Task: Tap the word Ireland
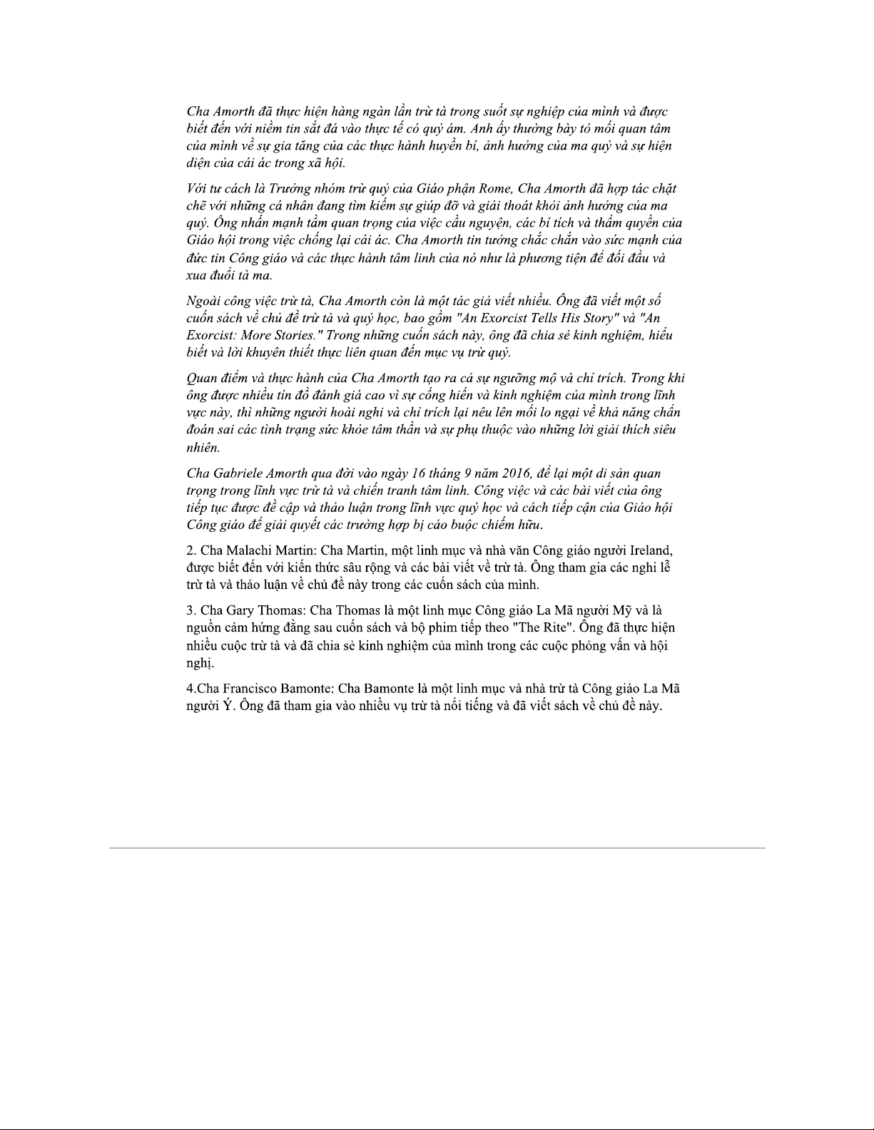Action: coord(651,551)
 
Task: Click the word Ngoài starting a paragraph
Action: coord(205,301)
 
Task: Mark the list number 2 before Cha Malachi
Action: coord(190,551)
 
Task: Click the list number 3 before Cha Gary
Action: coord(190,611)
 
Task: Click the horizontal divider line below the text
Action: coord(437,848)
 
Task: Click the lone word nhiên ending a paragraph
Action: coord(203,448)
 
